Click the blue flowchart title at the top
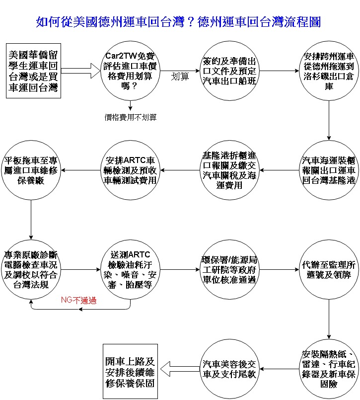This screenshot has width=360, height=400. [x=178, y=22]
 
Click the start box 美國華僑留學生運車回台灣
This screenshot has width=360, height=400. [x=33, y=71]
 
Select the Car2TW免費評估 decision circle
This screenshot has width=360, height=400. [x=130, y=71]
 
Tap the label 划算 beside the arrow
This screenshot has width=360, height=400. [x=180, y=77]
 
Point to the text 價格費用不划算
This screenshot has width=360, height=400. [x=130, y=117]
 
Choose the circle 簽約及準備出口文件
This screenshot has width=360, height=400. [x=229, y=71]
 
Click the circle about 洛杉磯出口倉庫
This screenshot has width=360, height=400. [x=329, y=71]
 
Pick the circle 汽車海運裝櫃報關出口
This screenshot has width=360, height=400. [x=329, y=170]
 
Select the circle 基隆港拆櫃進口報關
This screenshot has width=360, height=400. [x=229, y=170]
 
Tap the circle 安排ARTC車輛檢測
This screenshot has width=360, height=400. [x=130, y=170]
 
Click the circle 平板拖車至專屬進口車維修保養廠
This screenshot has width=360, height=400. [x=31, y=170]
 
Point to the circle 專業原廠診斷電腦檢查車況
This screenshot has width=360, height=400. [x=31, y=269]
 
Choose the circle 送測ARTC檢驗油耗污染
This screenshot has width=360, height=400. [x=130, y=269]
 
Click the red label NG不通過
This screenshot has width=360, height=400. [x=79, y=300]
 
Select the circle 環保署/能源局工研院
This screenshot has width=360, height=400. [x=229, y=269]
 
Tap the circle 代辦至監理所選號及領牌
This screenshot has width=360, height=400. [x=329, y=269]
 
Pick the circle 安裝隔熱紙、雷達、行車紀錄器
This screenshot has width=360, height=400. [x=329, y=369]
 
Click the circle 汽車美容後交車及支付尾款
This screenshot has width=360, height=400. [x=229, y=369]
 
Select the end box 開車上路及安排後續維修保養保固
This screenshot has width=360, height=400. [x=130, y=372]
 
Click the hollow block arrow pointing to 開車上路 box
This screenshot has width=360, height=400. [x=180, y=369]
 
